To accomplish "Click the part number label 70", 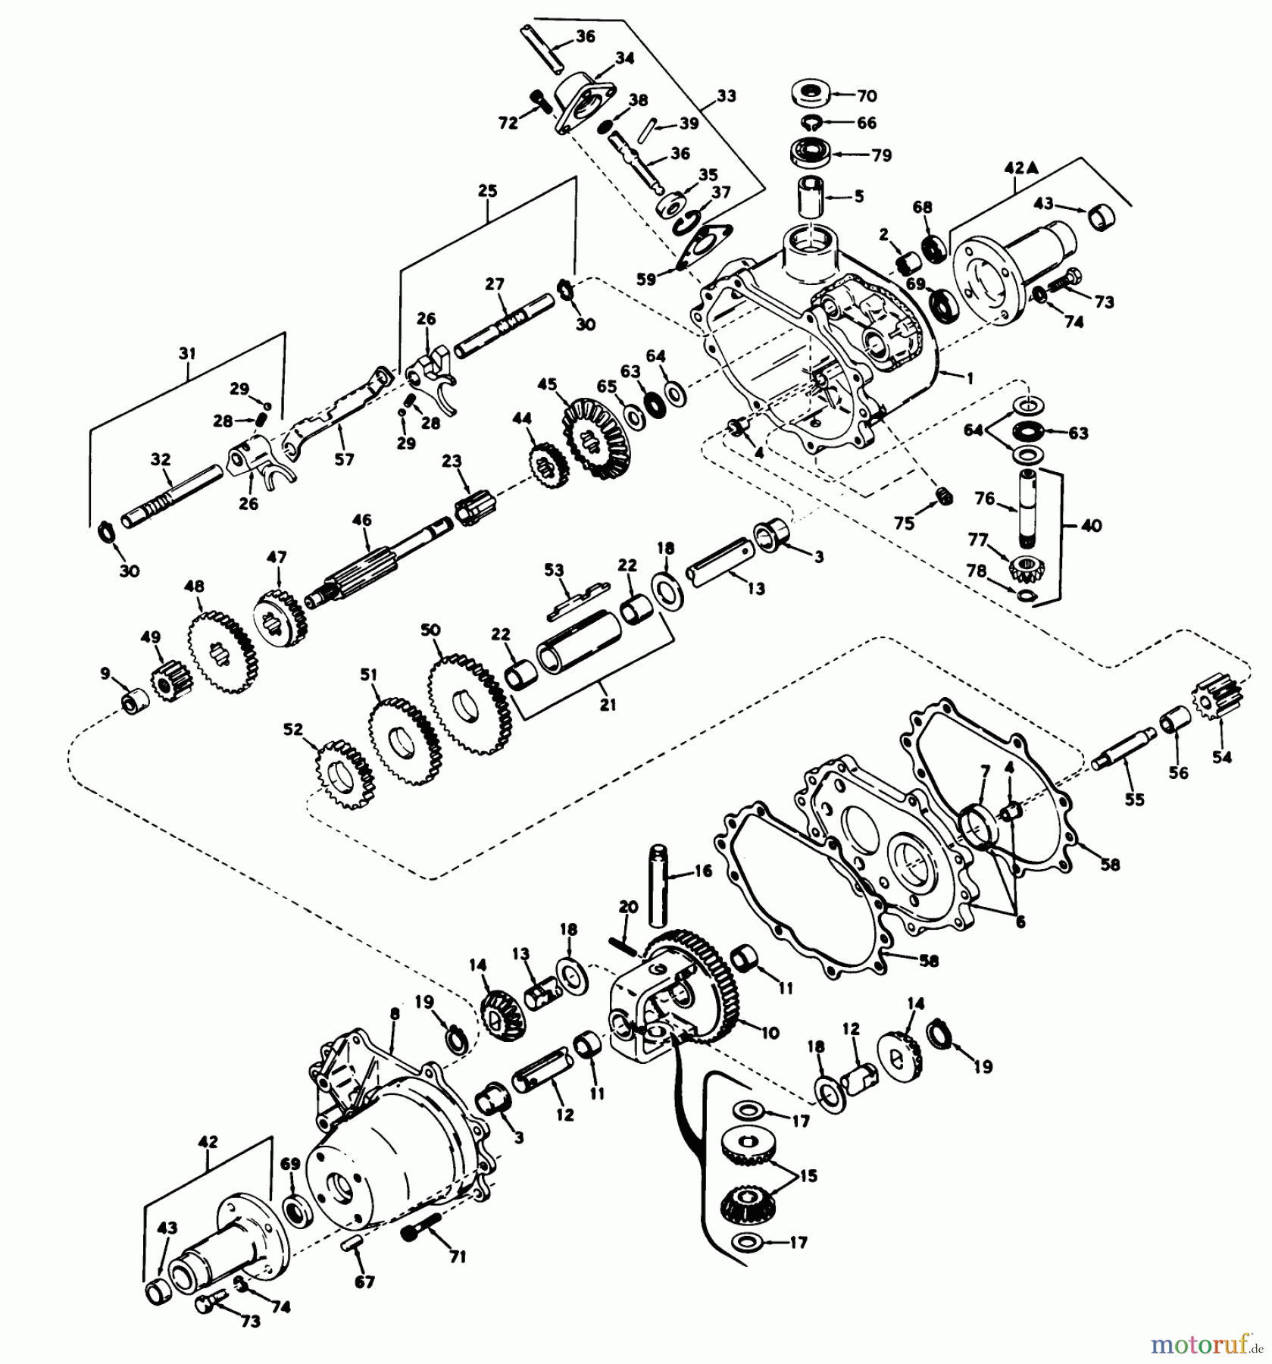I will [867, 95].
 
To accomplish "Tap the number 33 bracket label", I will [726, 97].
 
